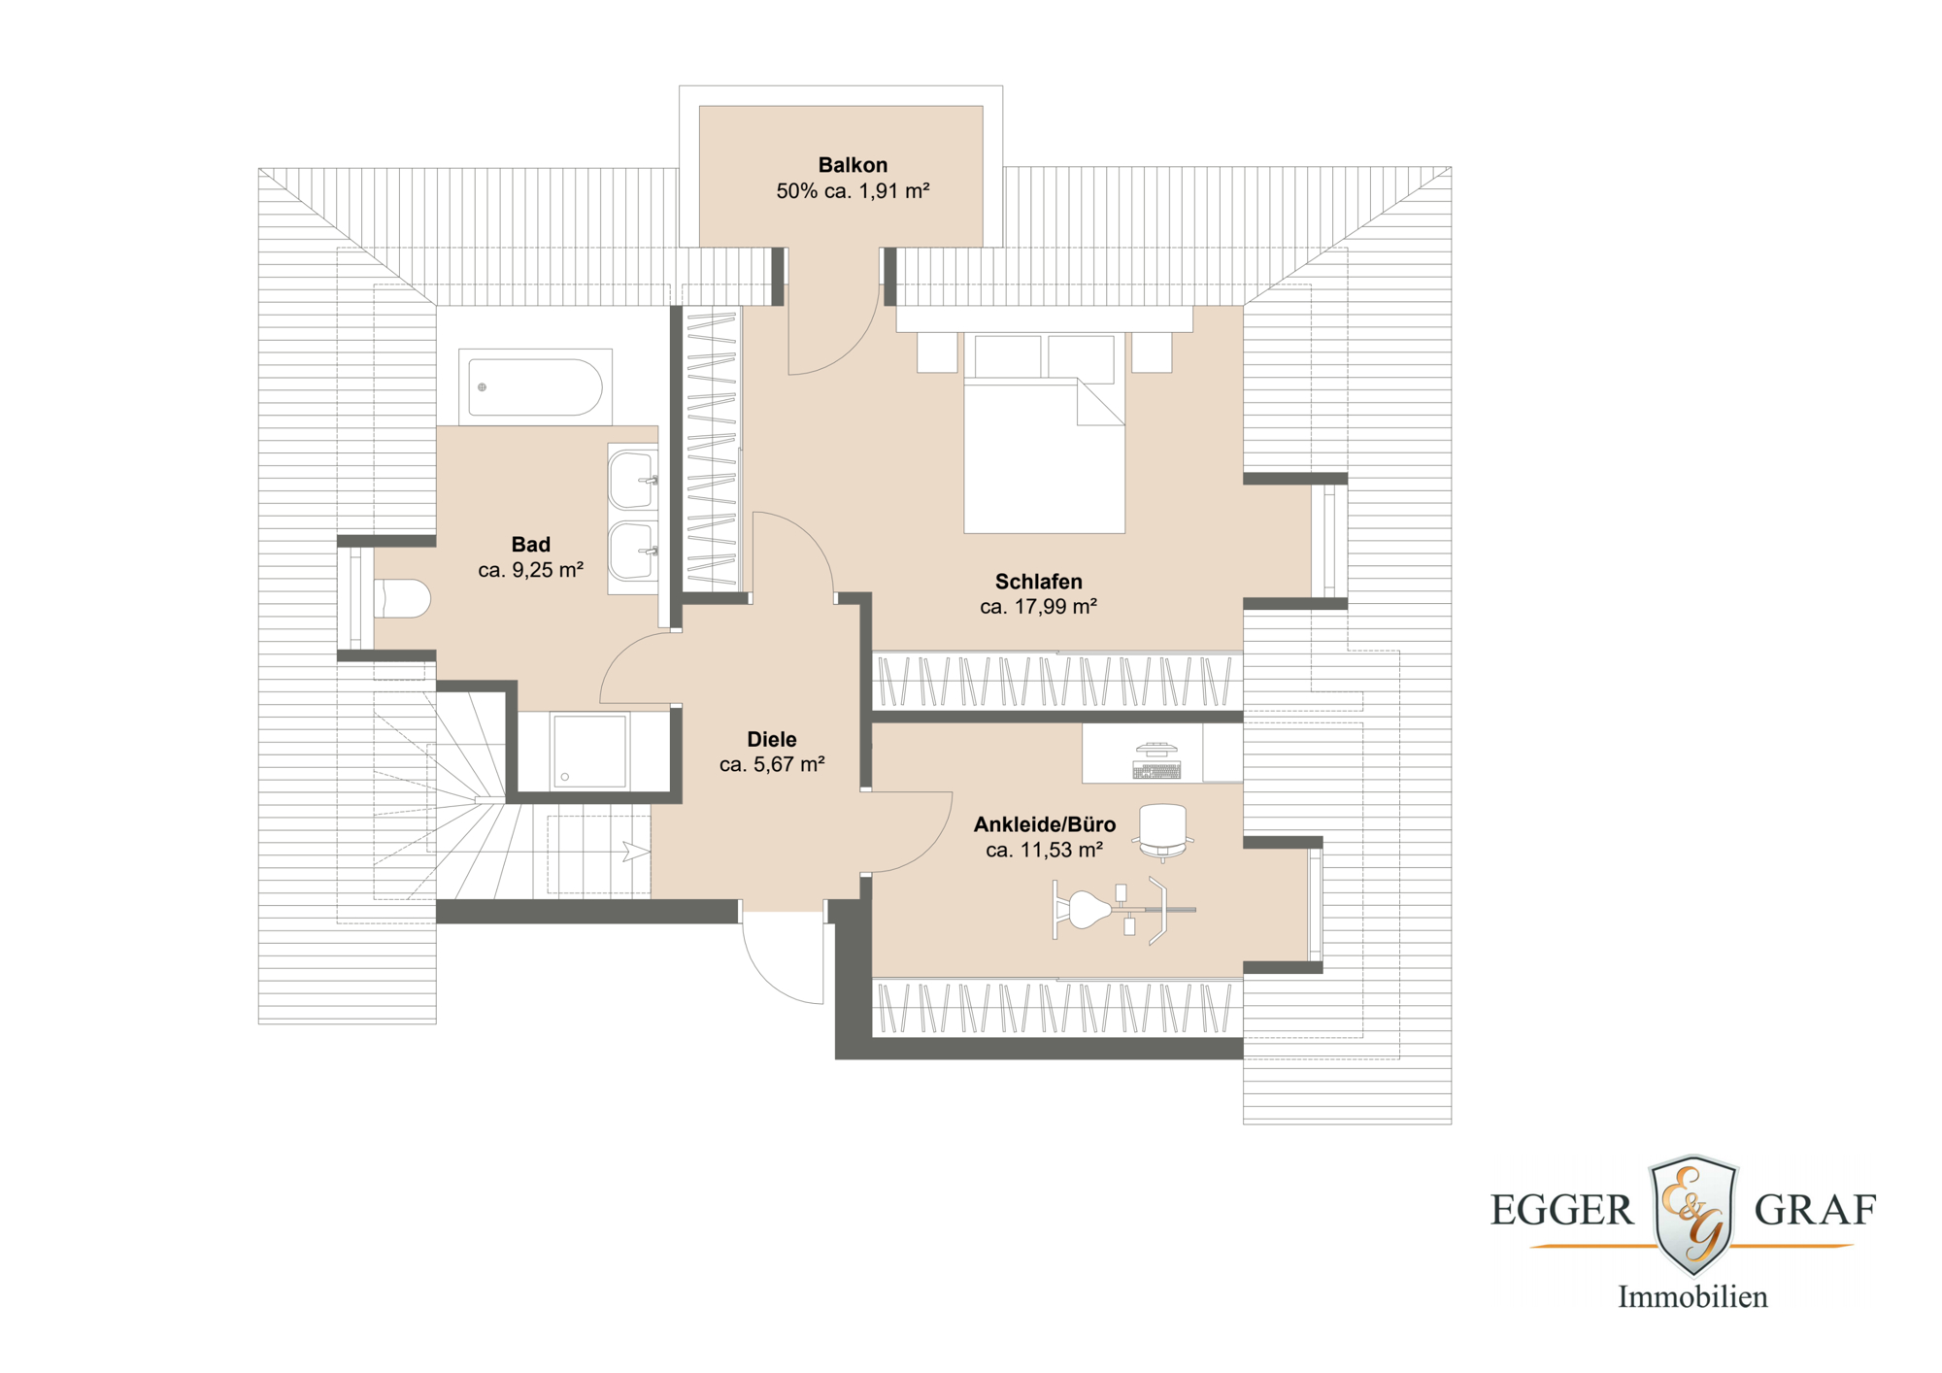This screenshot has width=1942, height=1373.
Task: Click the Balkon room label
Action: [x=853, y=165]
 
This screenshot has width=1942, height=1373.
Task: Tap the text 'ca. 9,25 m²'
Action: [x=530, y=570]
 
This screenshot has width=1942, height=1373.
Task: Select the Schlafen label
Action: [x=1038, y=582]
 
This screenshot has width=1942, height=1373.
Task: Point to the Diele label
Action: [x=772, y=739]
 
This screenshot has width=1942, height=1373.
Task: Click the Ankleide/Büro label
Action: [x=1045, y=824]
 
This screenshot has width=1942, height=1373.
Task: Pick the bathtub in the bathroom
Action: [x=535, y=387]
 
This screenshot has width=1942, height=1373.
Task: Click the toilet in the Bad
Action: [x=402, y=599]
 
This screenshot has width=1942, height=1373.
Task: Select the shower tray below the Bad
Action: [x=589, y=751]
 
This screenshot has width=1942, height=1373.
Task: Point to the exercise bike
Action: [x=1123, y=910]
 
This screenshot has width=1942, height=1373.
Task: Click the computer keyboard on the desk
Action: [x=1156, y=771]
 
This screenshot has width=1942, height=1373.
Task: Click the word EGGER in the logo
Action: [x=1562, y=1210]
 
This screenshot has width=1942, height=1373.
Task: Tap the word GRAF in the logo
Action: [x=1815, y=1210]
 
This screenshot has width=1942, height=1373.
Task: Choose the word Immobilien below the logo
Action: [x=1692, y=1296]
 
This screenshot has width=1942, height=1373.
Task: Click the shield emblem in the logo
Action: [x=1693, y=1214]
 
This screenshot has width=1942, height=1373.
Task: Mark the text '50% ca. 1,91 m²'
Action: [x=853, y=191]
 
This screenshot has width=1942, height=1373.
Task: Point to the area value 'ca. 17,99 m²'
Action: [x=1038, y=607]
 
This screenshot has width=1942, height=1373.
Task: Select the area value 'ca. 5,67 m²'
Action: [x=772, y=764]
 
